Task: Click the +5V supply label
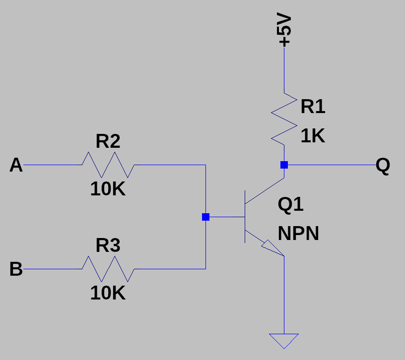tap(285, 30)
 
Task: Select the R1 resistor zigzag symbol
tap(284, 118)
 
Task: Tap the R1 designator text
tap(313, 107)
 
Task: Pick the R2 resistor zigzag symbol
tap(108, 165)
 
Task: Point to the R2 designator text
tap(108, 142)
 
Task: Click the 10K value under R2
tap(108, 189)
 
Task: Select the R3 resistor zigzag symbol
tap(108, 269)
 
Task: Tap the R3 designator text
tap(108, 245)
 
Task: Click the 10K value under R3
tap(108, 294)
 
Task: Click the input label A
tap(16, 165)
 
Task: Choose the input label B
tap(16, 269)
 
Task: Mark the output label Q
tap(383, 165)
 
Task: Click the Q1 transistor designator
tap(291, 204)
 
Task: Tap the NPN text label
tap(298, 234)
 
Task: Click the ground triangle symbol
tap(284, 340)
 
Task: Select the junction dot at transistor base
tap(205, 217)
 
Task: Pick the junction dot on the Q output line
tap(284, 165)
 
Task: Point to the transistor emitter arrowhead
tap(272, 248)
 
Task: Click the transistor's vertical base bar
tap(245, 217)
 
